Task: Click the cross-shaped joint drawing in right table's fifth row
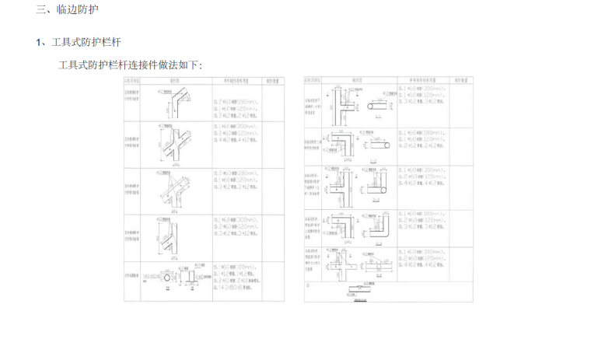point(341,261)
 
